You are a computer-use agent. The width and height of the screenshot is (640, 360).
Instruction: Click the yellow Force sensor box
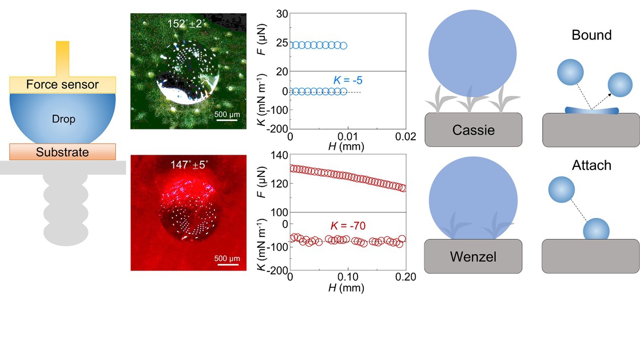(x=63, y=84)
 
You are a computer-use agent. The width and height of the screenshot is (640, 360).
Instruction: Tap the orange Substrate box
(x=62, y=152)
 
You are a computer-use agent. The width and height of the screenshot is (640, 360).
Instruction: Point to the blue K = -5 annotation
(x=348, y=80)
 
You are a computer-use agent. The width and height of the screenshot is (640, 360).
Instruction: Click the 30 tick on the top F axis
(x=282, y=14)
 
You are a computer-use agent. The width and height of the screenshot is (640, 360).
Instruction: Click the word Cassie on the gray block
(x=473, y=130)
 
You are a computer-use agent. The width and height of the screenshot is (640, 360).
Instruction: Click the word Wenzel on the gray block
(x=473, y=256)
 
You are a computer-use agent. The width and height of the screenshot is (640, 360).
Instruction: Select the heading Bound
(x=591, y=35)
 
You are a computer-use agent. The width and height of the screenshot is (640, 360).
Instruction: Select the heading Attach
(x=591, y=165)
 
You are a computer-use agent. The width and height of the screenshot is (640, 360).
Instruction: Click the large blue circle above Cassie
(x=472, y=53)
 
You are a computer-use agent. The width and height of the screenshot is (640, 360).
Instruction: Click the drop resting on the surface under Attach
(x=597, y=230)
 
